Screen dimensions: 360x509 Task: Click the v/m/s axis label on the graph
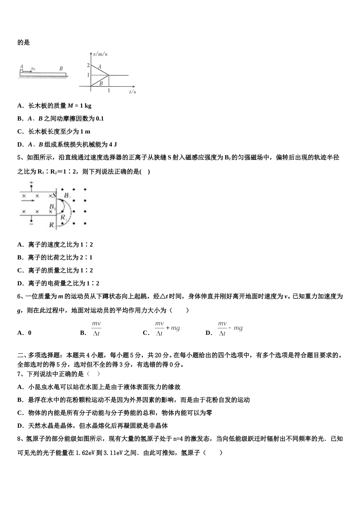click(x=100, y=54)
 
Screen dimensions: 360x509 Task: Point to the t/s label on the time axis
click(x=132, y=92)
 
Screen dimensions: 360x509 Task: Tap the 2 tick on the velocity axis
click(x=88, y=66)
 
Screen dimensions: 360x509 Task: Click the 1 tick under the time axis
click(x=109, y=91)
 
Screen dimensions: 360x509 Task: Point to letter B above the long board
click(x=61, y=69)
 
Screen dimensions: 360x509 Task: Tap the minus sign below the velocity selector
click(x=31, y=225)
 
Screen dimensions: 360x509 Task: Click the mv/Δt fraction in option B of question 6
click(x=96, y=328)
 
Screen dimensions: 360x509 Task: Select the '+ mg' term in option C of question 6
click(x=173, y=328)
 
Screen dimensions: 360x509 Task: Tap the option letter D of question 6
click(x=208, y=333)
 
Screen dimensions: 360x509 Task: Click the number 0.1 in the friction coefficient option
click(x=100, y=119)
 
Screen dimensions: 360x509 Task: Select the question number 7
click(x=19, y=374)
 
